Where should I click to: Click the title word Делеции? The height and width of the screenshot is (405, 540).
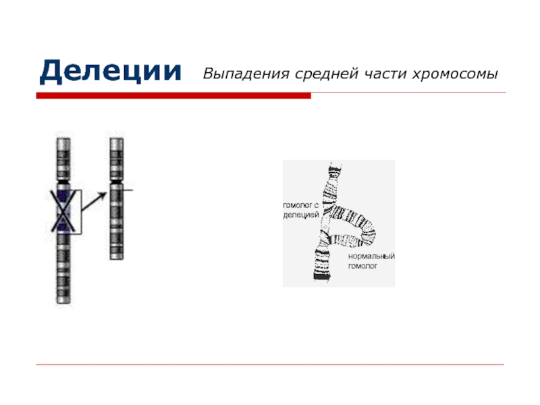[x=110, y=72]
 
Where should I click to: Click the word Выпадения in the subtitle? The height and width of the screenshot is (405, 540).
[x=246, y=74]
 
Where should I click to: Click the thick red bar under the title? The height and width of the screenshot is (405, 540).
[x=173, y=96]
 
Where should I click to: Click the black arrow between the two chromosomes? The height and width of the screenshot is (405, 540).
[x=94, y=202]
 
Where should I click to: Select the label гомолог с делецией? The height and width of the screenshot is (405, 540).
[x=301, y=210]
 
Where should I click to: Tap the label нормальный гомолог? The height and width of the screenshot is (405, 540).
[x=371, y=261]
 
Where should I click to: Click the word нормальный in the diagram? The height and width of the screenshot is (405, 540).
[x=371, y=257]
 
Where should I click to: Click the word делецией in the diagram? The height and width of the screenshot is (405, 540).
[x=301, y=215]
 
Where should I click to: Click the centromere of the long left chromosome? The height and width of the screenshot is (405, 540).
[x=63, y=180]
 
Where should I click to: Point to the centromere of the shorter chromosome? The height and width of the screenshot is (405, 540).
[x=116, y=181]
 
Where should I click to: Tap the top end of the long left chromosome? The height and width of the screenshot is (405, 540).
[x=63, y=138]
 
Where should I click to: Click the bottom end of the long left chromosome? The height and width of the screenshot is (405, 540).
[x=63, y=302]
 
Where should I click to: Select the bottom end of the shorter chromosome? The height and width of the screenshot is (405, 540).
[x=116, y=259]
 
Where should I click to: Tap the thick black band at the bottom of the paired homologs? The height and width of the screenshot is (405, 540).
[x=323, y=276]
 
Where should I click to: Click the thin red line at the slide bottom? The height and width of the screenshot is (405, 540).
[x=270, y=364]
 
